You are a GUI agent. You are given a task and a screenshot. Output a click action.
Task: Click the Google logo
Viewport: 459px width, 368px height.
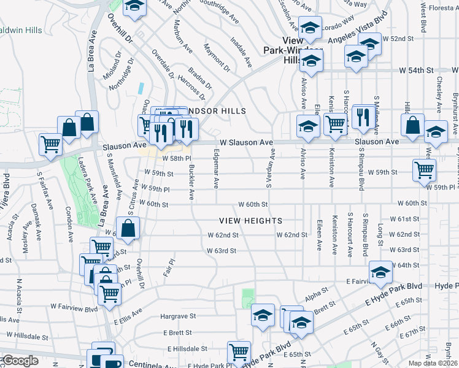(20, 361)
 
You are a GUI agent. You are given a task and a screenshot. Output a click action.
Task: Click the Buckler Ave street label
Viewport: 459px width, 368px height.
(191, 182)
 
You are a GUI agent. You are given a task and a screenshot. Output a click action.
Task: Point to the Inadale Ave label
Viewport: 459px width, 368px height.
(241, 52)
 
